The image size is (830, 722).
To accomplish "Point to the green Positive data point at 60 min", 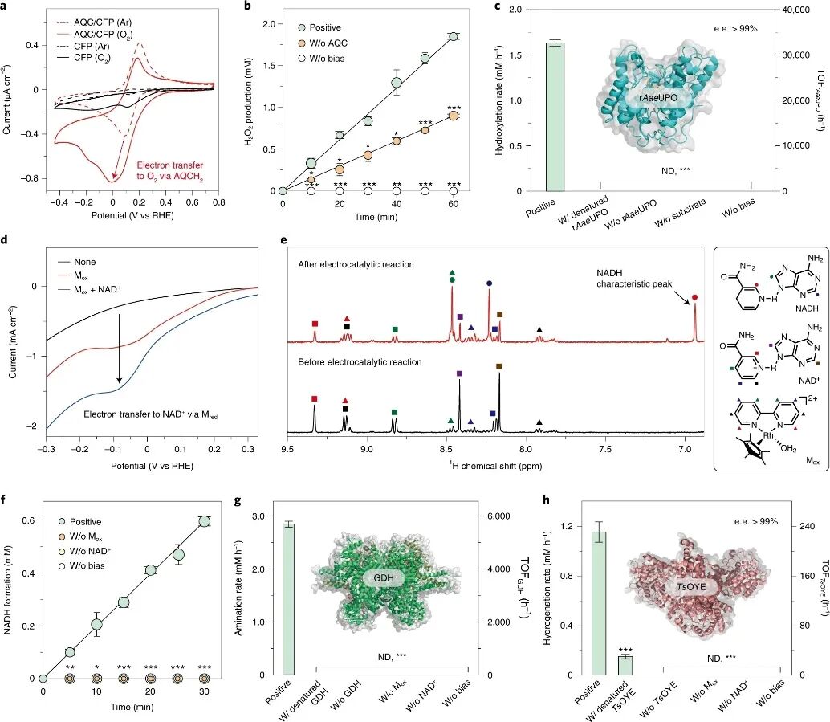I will click(454, 36).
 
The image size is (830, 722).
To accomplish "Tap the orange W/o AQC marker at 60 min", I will click(454, 116).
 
